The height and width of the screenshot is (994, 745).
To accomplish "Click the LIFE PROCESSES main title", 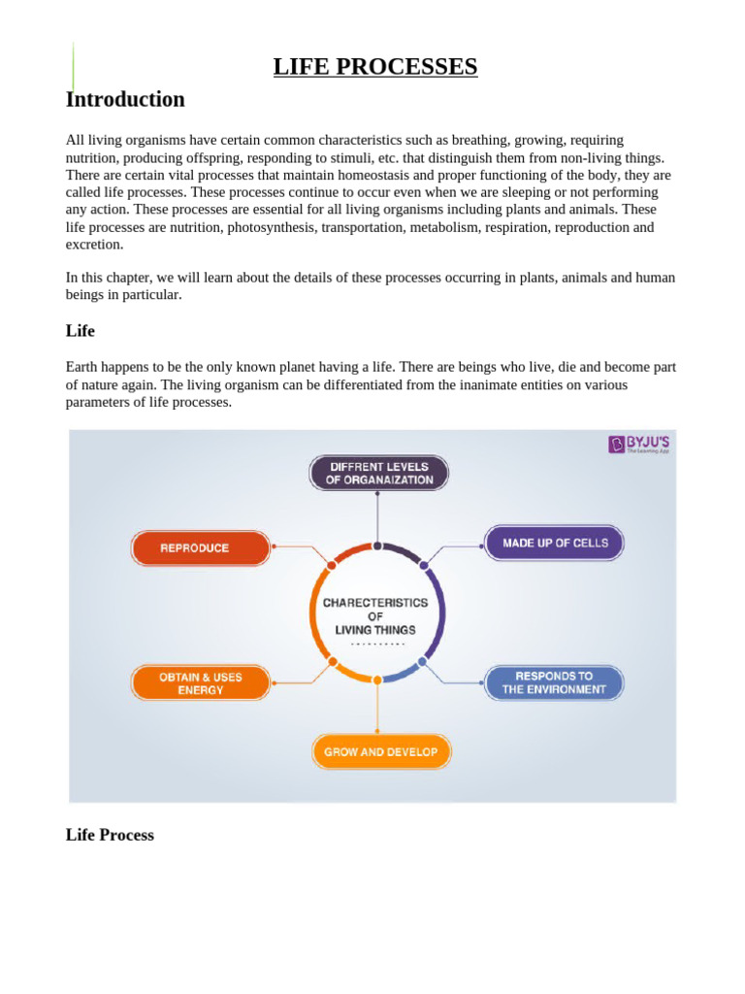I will click(375, 66).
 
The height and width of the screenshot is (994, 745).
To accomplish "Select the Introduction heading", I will click(125, 99).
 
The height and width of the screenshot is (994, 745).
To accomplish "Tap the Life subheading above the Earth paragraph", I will click(81, 331).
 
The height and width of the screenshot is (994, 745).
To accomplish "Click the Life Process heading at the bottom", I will click(110, 835).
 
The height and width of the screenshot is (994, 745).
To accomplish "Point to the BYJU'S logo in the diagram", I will click(639, 445).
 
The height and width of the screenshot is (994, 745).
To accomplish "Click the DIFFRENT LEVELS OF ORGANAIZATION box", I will click(378, 473).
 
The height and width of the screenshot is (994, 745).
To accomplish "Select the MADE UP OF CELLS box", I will click(554, 543).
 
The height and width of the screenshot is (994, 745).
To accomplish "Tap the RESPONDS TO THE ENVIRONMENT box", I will click(554, 682).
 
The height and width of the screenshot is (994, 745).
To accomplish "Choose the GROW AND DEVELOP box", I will click(381, 751).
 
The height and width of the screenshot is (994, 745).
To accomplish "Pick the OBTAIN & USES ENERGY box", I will click(201, 682).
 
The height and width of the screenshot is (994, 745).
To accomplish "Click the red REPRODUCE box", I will click(201, 548).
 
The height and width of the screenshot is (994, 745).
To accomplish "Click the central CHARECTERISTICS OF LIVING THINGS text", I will click(375, 616).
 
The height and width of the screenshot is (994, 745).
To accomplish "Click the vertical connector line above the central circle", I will click(377, 517).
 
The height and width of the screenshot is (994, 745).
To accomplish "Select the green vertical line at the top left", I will click(73, 66).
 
